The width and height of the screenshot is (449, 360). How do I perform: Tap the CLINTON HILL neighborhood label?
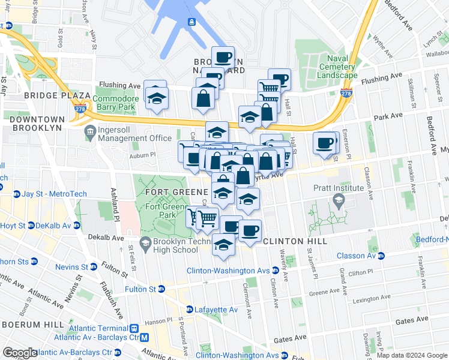pos(295,241)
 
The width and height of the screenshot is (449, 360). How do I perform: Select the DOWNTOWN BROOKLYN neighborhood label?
pos(36,124)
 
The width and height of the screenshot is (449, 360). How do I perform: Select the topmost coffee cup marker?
pos(223,57)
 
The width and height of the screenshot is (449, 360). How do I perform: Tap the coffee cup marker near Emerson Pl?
pos(325,143)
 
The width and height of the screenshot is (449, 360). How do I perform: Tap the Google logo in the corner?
pos(19,353)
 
